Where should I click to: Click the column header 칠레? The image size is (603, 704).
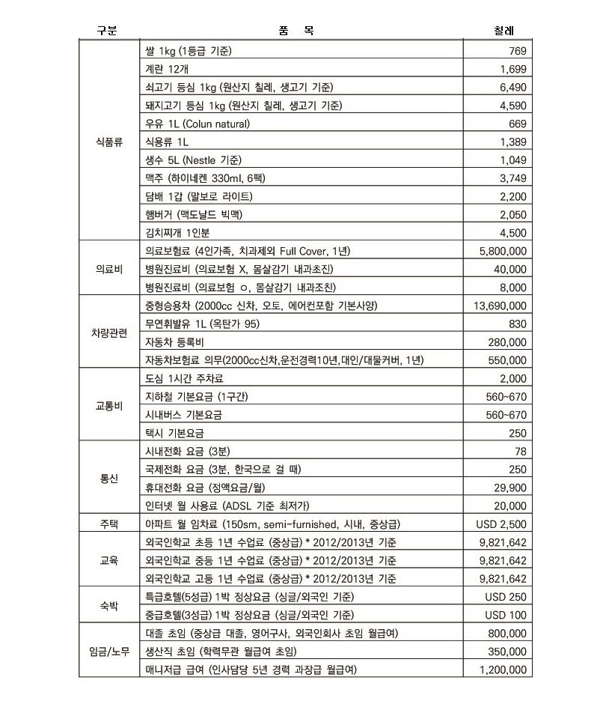click(x=503, y=31)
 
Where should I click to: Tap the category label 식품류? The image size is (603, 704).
click(x=109, y=141)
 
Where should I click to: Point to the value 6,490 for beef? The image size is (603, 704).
click(x=512, y=87)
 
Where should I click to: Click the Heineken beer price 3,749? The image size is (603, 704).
click(x=512, y=177)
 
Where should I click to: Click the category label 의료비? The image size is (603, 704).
click(x=109, y=269)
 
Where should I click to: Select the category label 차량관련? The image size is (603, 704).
click(x=109, y=333)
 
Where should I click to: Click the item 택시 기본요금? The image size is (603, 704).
click(x=174, y=433)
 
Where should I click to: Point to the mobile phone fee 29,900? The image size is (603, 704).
click(x=509, y=488)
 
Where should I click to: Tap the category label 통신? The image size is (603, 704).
click(x=109, y=479)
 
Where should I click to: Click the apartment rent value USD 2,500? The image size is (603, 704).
click(x=501, y=524)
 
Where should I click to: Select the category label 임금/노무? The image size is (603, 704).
click(x=109, y=652)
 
